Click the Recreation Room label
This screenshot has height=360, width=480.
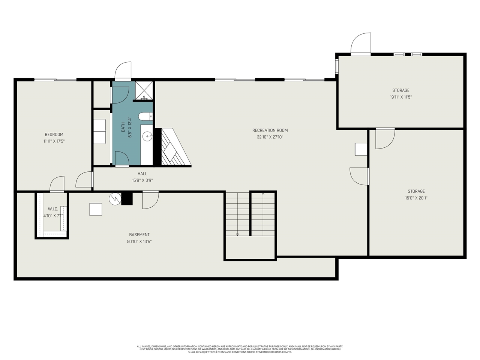(x=270, y=130)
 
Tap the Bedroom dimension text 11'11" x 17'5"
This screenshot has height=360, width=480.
(x=54, y=141)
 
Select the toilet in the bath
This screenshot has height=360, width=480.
(x=145, y=116)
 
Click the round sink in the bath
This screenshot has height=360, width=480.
(x=147, y=137)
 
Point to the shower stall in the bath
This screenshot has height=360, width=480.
(x=144, y=90)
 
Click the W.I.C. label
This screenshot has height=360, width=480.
(x=53, y=209)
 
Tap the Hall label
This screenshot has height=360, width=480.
(x=142, y=174)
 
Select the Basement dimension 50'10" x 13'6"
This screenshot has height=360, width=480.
(x=139, y=241)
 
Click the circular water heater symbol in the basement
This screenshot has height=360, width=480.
(x=115, y=199)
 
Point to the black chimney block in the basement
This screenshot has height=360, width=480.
(x=127, y=198)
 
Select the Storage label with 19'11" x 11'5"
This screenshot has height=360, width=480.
(x=400, y=90)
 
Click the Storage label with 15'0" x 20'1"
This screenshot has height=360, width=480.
(x=416, y=191)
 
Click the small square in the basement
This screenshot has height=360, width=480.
(x=96, y=209)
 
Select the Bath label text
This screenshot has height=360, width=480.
(x=123, y=127)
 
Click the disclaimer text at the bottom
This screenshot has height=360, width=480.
(x=240, y=349)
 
